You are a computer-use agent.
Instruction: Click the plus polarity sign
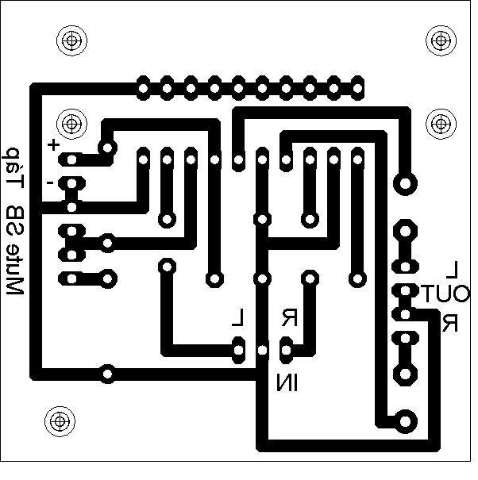53,145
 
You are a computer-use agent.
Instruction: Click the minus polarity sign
50,182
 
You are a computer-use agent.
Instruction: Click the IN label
286,385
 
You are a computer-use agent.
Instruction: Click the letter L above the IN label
237,319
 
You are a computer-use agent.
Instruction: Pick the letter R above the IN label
289,319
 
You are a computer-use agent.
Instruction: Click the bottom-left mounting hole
58,420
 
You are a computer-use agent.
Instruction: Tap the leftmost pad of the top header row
143,85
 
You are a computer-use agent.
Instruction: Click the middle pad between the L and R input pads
262,349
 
